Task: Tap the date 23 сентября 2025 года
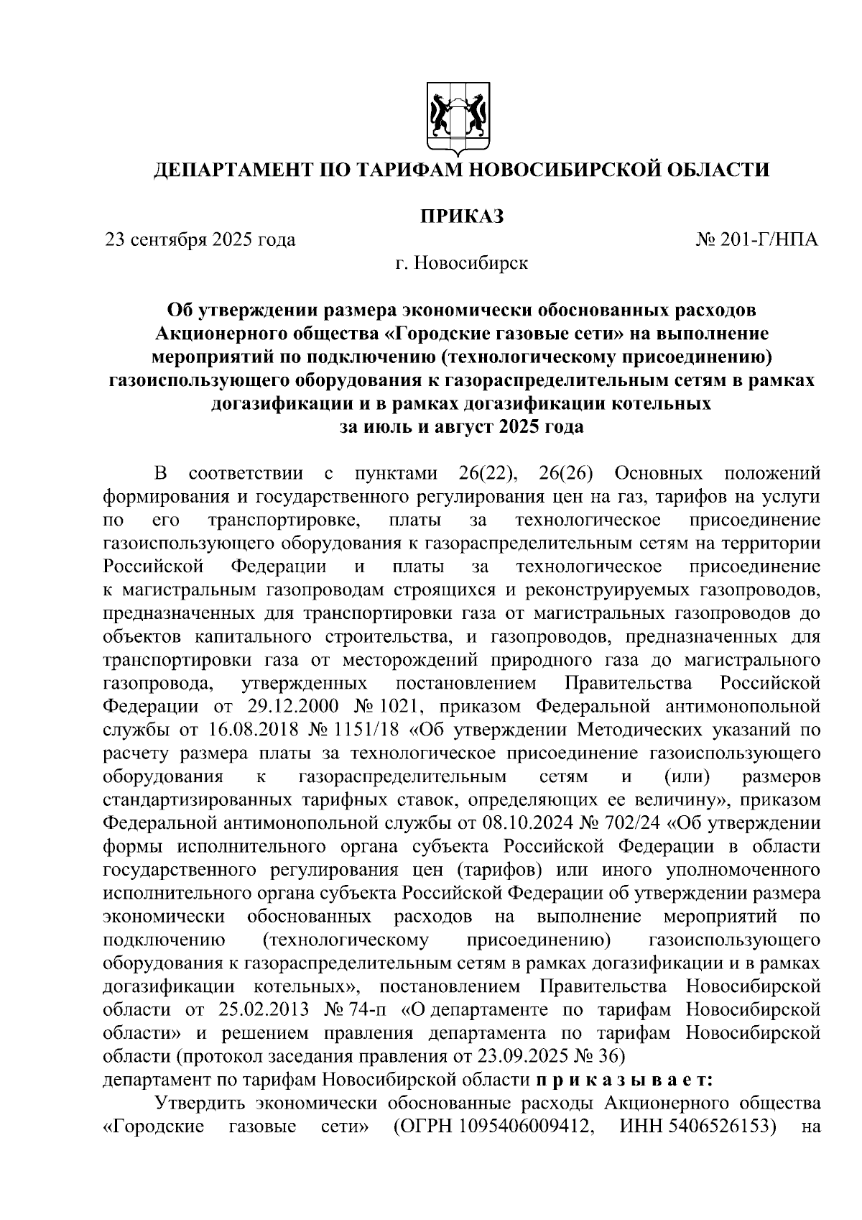coord(200,239)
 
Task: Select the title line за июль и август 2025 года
coord(462,427)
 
